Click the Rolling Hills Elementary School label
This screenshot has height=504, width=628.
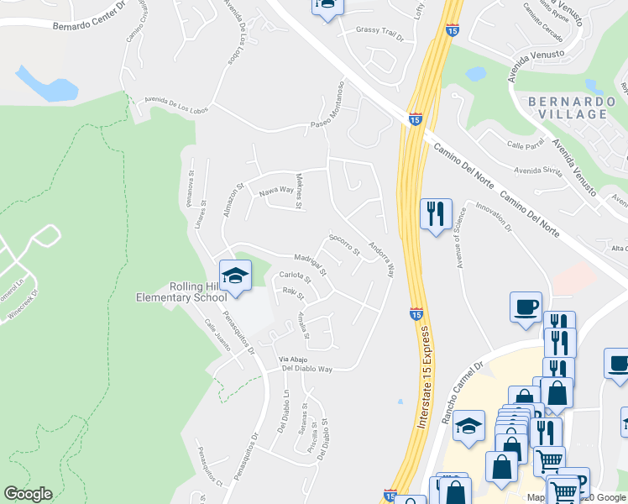181,291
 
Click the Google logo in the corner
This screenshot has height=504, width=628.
28,494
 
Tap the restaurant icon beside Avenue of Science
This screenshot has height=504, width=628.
435,215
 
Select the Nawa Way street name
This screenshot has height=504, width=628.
275,191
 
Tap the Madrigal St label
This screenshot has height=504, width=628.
309,262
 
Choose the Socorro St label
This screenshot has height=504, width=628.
344,245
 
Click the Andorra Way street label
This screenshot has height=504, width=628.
380,260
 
